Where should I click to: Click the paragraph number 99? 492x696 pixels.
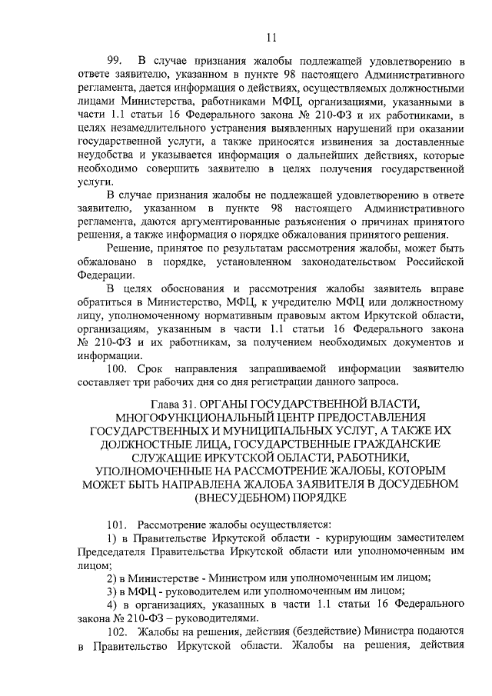click(116, 61)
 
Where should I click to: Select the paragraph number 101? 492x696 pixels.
click(117, 526)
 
